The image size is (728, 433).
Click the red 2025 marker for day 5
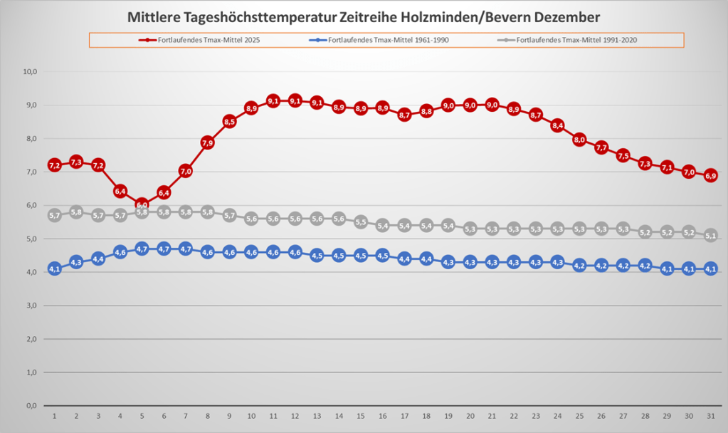[x=142, y=205]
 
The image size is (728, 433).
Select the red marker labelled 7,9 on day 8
[x=208, y=142]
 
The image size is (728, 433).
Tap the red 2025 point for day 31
[x=710, y=175]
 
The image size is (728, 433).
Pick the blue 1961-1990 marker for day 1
[x=54, y=268]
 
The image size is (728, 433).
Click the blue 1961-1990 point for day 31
[x=710, y=268]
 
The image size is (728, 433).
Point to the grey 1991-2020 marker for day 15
[x=361, y=221]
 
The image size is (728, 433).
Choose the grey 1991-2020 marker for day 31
[x=710, y=235]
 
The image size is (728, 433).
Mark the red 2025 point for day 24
[x=557, y=125]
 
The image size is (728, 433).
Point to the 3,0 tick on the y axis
[x=31, y=306]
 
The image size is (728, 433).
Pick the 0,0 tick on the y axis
[x=31, y=406]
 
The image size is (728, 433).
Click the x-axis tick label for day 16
[x=382, y=416]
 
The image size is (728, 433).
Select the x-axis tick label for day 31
[x=710, y=416]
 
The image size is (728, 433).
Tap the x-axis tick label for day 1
[x=54, y=416]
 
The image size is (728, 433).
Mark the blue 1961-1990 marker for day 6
[x=164, y=249]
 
